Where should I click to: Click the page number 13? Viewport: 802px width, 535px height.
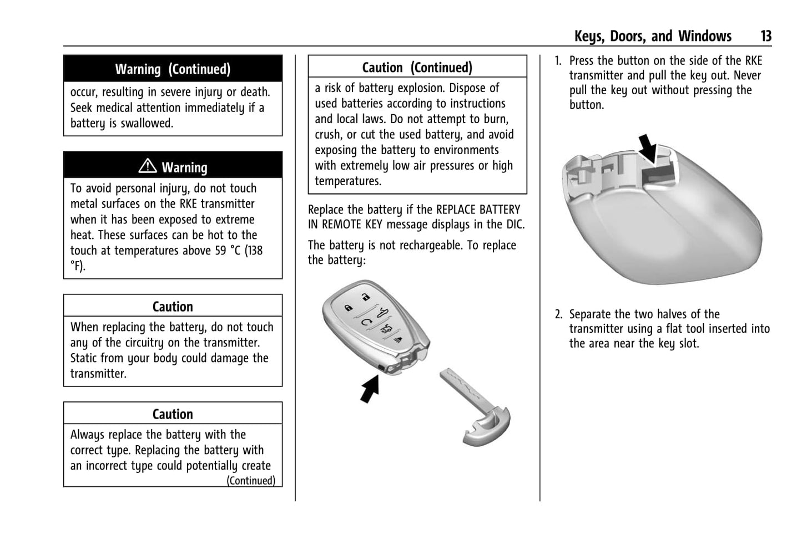tap(766, 37)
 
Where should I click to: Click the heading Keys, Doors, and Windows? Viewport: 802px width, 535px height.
tap(653, 37)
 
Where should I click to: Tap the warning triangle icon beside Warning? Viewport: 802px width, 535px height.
tap(148, 166)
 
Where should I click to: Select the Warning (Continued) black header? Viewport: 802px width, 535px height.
tap(173, 69)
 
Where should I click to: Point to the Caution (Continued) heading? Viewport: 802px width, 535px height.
tap(417, 68)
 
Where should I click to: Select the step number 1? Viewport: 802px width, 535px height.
tap(558, 61)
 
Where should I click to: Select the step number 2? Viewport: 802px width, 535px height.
tap(558, 314)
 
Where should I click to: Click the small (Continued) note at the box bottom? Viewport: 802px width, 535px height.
tap(250, 481)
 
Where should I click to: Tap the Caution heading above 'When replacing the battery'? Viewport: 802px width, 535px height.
tap(173, 307)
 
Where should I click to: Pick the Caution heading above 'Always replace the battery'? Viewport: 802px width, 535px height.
tap(173, 414)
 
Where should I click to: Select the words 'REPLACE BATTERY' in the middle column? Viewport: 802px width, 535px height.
tap(478, 210)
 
